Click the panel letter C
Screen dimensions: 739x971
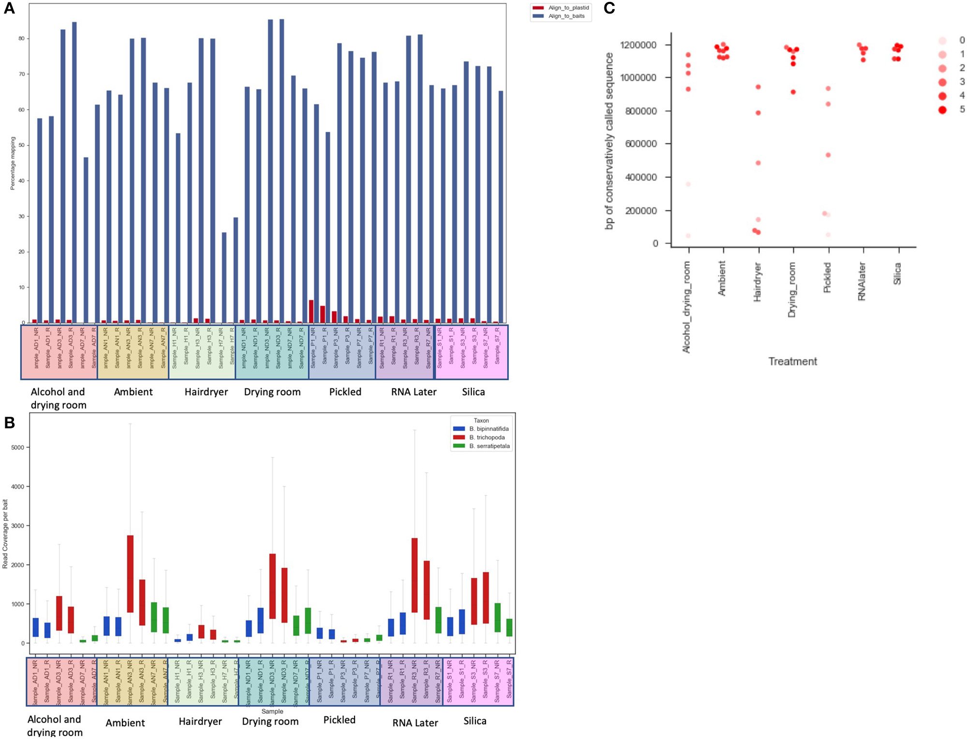pyautogui.click(x=609, y=8)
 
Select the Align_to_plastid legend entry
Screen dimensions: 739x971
pyautogui.click(x=568, y=8)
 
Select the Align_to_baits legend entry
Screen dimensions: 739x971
pyautogui.click(x=566, y=16)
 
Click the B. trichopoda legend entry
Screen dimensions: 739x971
pyautogui.click(x=486, y=437)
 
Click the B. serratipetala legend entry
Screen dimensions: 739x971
pyautogui.click(x=489, y=446)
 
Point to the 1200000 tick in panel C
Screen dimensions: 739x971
pyautogui.click(x=638, y=45)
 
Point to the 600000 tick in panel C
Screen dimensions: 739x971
pyautogui.click(x=640, y=144)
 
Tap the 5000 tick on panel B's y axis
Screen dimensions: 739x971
pyautogui.click(x=17, y=448)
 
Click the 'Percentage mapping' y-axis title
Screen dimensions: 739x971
pyautogui.click(x=13, y=163)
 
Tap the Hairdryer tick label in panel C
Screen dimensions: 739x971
pyautogui.click(x=757, y=282)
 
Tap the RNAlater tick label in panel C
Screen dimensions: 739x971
pyautogui.click(x=862, y=281)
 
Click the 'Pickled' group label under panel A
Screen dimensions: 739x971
pyautogui.click(x=345, y=392)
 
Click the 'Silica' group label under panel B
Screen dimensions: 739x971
pyautogui.click(x=474, y=721)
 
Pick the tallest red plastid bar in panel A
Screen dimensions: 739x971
pyautogui.click(x=311, y=311)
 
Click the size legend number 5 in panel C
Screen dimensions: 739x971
pyautogui.click(x=962, y=109)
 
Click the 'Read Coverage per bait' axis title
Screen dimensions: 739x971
pyautogui.click(x=5, y=534)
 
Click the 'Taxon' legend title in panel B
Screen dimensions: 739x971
pyautogui.click(x=481, y=421)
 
